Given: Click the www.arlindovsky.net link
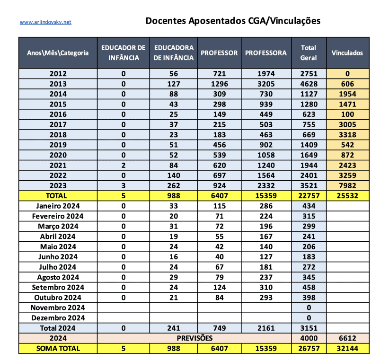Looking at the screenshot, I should click(45, 22).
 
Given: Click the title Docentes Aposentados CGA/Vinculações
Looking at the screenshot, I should click(233, 21).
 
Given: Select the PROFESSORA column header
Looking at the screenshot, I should click(266, 53).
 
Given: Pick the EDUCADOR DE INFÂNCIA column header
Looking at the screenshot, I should click(124, 53).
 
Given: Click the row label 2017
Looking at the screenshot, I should click(58, 124).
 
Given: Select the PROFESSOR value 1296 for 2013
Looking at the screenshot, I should click(219, 84).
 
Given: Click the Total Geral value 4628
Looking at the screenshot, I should click(309, 84).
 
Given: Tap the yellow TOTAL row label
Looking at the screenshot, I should click(58, 195).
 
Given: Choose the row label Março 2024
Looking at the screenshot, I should click(58, 226).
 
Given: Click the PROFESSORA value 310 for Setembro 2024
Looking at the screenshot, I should click(266, 287).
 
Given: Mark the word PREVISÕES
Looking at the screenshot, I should click(194, 338).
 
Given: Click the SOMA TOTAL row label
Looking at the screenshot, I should click(58, 348).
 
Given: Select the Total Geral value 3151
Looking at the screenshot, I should click(309, 328).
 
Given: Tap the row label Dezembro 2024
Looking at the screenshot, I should click(58, 317).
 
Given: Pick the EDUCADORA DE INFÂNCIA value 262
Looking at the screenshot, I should click(173, 185).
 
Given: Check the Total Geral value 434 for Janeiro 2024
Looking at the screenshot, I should click(309, 206).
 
